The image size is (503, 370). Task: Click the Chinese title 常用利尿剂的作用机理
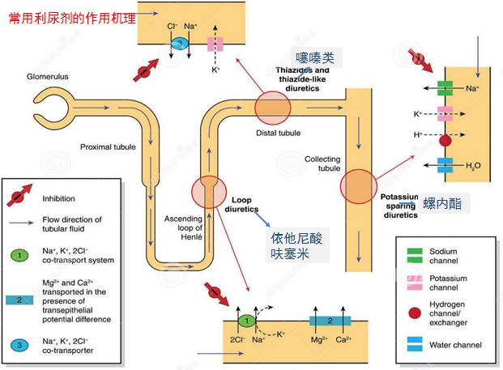[72, 17]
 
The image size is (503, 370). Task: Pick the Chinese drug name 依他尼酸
[297, 239]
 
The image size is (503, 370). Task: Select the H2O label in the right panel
[473, 165]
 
